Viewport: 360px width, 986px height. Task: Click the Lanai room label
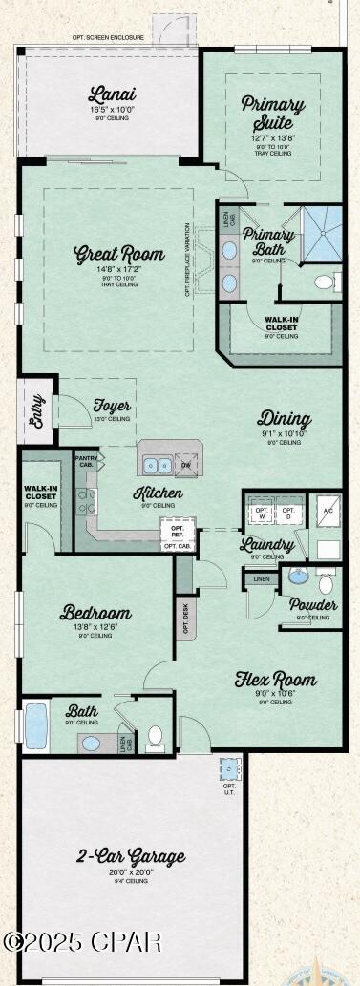pyautogui.click(x=112, y=94)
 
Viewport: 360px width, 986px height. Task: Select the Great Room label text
pyautogui.click(x=119, y=255)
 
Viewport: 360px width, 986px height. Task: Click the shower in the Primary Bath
pyautogui.click(x=322, y=231)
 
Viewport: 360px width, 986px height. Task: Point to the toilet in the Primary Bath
pyautogui.click(x=325, y=283)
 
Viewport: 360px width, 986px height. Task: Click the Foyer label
pyautogui.click(x=112, y=406)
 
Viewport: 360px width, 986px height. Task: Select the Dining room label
pyautogui.click(x=284, y=419)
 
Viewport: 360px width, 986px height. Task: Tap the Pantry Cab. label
pyautogui.click(x=86, y=462)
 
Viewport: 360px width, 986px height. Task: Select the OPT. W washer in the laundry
pyautogui.click(x=262, y=514)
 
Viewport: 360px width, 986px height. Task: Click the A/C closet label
pyautogui.click(x=328, y=511)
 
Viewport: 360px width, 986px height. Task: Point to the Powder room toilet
pyautogui.click(x=326, y=583)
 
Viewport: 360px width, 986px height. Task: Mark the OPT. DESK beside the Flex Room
pyautogui.click(x=185, y=617)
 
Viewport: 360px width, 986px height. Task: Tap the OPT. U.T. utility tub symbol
pyautogui.click(x=229, y=769)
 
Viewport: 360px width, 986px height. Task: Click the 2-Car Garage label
pyautogui.click(x=131, y=857)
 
